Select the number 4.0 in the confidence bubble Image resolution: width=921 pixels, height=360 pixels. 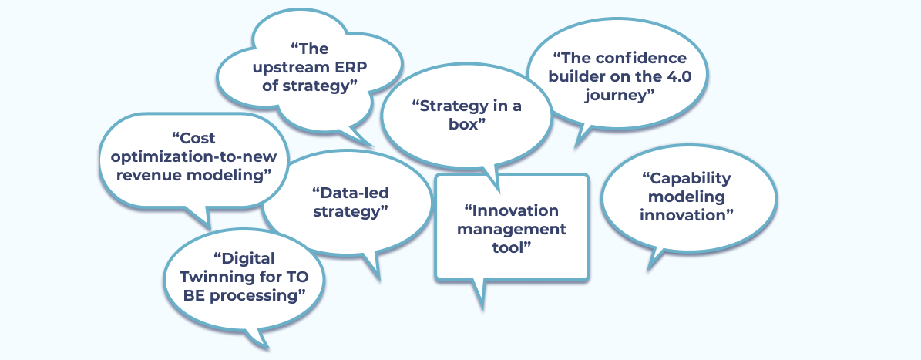click(x=676, y=76)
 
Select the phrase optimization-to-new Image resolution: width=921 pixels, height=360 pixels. click(x=193, y=157)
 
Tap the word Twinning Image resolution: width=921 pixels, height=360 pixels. click(x=215, y=278)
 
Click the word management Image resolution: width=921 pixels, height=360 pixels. click(x=512, y=229)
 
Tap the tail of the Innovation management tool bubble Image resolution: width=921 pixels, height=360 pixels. click(x=481, y=294)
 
